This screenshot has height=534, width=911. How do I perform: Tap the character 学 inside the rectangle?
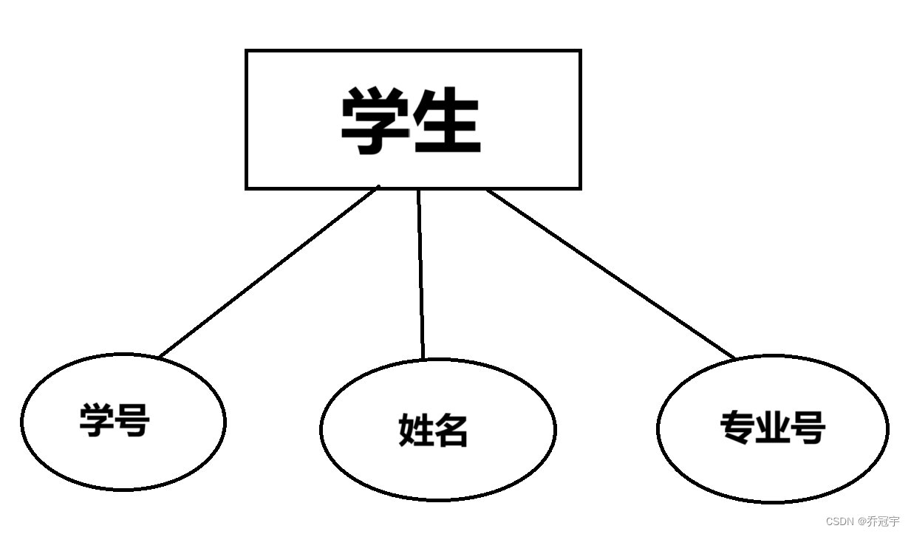pyautogui.click(x=375, y=122)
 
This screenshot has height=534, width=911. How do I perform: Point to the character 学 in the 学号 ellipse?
pyautogui.click(x=98, y=420)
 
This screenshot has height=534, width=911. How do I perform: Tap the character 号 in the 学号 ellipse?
pyautogui.click(x=133, y=420)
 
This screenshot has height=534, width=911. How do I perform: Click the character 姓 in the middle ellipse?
pyautogui.click(x=416, y=430)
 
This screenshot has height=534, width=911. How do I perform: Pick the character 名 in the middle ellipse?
pyautogui.click(x=451, y=430)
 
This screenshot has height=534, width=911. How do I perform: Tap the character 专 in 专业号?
pyautogui.click(x=737, y=427)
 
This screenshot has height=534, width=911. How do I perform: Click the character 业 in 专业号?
pyautogui.click(x=772, y=427)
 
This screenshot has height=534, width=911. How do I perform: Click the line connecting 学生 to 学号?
pyautogui.click(x=270, y=273)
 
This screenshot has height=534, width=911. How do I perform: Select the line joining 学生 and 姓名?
pyautogui.click(x=421, y=273)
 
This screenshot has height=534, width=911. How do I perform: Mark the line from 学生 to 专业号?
pyautogui.click(x=611, y=274)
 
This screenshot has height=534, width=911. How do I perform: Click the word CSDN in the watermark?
pyautogui.click(x=839, y=521)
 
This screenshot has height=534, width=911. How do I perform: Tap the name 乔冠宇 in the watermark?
pyautogui.click(x=884, y=521)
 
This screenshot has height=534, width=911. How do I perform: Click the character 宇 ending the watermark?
pyautogui.click(x=894, y=521)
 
